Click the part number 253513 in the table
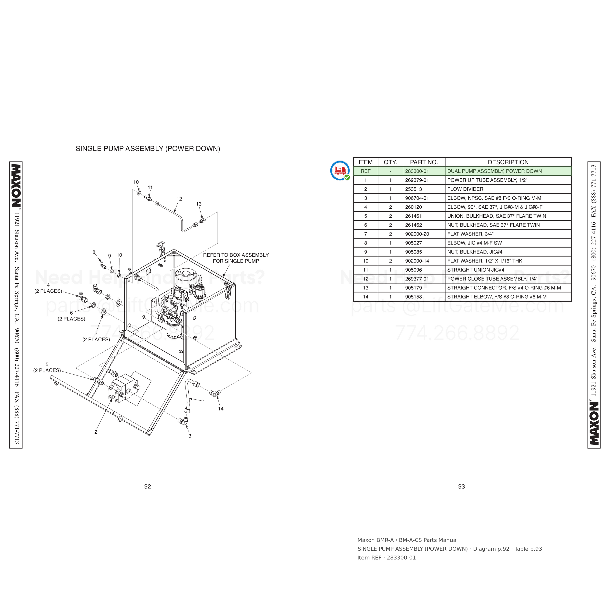click(413, 189)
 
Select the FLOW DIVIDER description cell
click(508, 189)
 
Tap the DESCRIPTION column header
click(508, 162)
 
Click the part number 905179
click(413, 288)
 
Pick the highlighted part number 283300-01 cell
click(424, 171)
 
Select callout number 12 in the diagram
click(179, 199)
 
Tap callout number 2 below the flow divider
click(96, 432)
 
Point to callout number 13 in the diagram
click(199, 204)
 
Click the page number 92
click(147, 487)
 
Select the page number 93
click(461, 487)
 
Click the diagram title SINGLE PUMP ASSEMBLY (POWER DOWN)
click(148, 149)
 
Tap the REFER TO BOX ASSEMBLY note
click(236, 258)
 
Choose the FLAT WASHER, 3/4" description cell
click(508, 234)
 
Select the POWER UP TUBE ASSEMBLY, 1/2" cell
click(508, 180)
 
